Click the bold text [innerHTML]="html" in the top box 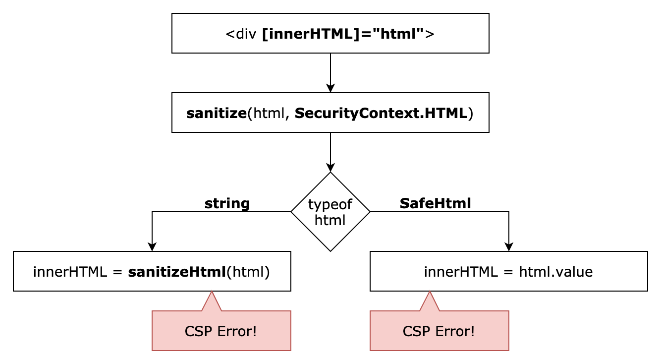[343, 34]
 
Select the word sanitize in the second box [216, 113]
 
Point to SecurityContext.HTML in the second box [381, 113]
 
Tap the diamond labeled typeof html [330, 212]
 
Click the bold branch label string [227, 203]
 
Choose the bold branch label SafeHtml [435, 203]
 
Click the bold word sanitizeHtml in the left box [177, 272]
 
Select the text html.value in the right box [555, 272]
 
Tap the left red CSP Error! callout [221, 331]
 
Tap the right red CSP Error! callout [439, 331]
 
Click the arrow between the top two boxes [330, 72]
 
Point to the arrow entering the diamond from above [330, 152]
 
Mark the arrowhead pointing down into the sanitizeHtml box [152, 247]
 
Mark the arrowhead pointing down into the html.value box [509, 247]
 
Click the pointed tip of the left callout [212, 293]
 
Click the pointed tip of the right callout [430, 293]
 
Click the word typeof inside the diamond [330, 204]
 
